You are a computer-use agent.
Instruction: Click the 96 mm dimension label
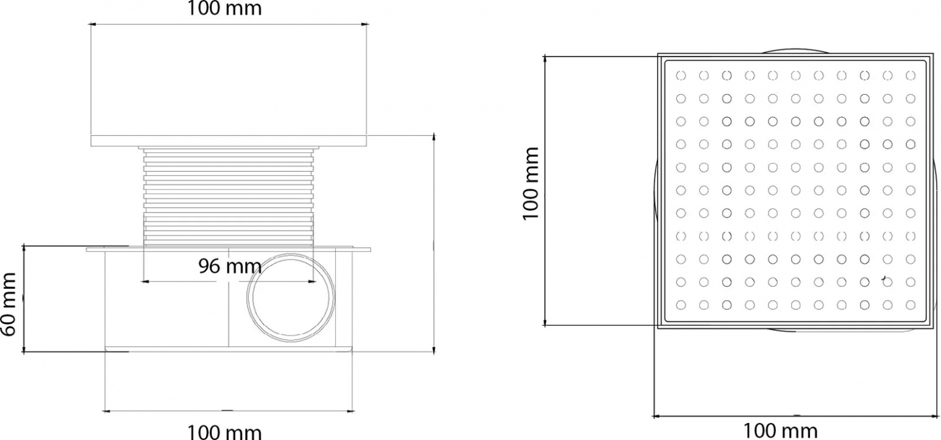(x=230, y=266)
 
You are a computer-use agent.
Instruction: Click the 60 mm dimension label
(x=8, y=304)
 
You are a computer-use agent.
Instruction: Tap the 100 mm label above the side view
(x=224, y=8)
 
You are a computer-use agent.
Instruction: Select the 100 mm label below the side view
(x=224, y=432)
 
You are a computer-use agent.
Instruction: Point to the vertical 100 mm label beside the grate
(x=531, y=183)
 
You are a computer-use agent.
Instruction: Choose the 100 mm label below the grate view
(x=781, y=431)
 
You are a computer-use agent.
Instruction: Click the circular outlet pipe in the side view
(x=291, y=297)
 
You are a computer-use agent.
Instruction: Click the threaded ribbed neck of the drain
(x=228, y=197)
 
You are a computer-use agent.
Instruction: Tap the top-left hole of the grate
(x=681, y=76)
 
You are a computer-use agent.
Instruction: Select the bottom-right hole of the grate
(x=910, y=305)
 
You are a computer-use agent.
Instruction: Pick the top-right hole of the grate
(x=910, y=76)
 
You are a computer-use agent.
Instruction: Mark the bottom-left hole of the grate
(x=681, y=305)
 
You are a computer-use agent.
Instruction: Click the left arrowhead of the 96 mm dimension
(x=145, y=282)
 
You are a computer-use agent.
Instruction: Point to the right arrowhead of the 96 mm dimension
(x=311, y=282)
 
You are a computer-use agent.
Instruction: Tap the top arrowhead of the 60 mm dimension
(x=24, y=248)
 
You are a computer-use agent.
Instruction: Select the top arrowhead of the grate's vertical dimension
(x=545, y=59)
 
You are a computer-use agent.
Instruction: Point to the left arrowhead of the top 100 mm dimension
(x=93, y=24)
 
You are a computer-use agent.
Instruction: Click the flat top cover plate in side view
(x=228, y=141)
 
